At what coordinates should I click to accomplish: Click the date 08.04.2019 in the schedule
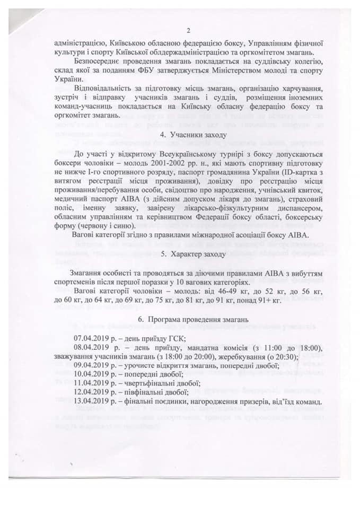coord(93,347)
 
